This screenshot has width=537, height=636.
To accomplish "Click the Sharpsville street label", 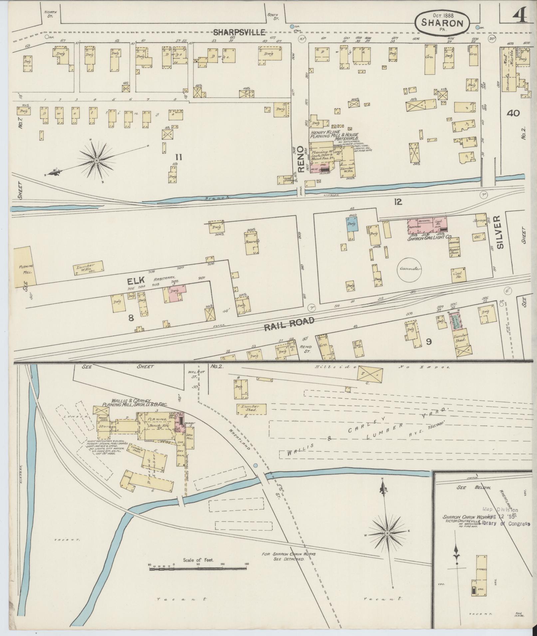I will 239,32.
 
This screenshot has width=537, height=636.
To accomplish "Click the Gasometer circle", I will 410,269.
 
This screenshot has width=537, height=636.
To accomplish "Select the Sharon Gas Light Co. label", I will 430,238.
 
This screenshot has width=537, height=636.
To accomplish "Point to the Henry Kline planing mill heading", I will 334,135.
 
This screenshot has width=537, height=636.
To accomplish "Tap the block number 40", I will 513,113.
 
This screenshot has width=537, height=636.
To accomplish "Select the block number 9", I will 429,341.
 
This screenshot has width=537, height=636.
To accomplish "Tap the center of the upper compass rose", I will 97,161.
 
